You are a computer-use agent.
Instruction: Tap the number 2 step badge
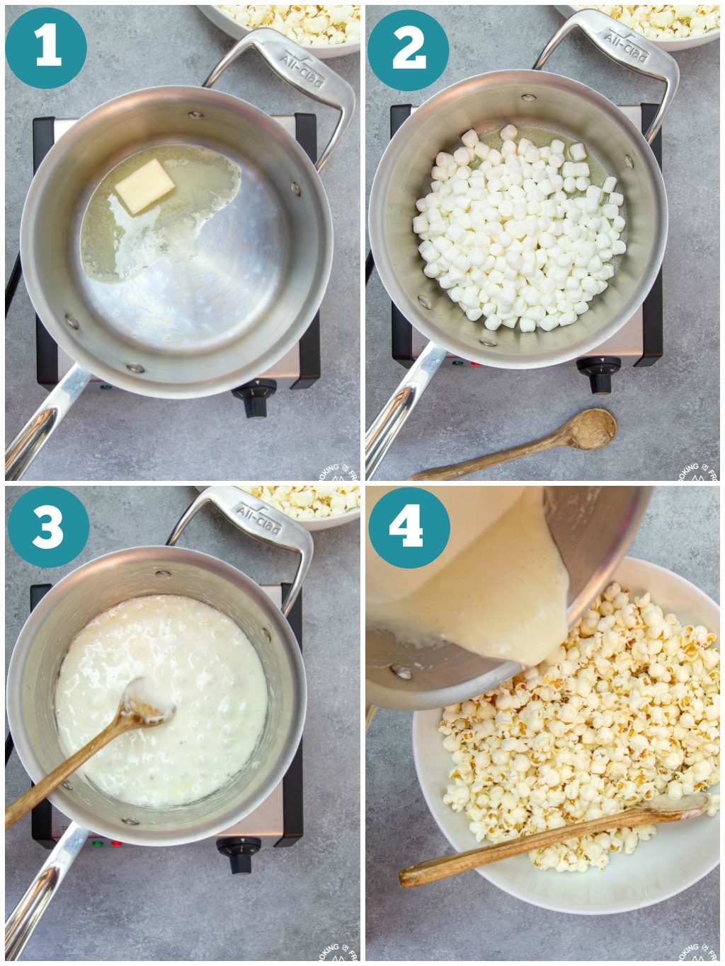(x=409, y=49)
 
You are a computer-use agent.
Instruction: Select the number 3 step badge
(x=47, y=526)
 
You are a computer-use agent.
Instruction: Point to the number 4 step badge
(x=409, y=527)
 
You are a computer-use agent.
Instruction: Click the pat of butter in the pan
(x=145, y=186)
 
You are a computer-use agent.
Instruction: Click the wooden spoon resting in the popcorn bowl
(x=552, y=838)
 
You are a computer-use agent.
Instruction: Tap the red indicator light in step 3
(x=116, y=844)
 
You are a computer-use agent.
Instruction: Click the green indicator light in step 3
(x=98, y=844)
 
